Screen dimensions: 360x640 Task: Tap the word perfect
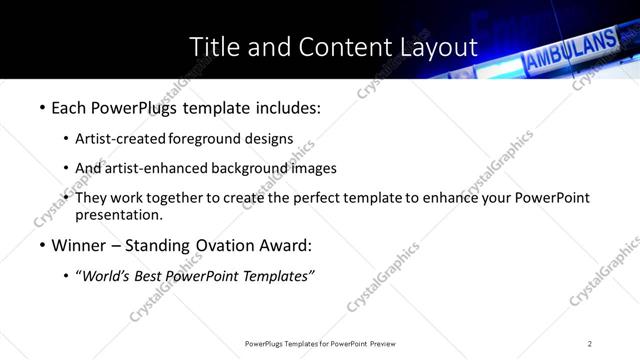(340, 198)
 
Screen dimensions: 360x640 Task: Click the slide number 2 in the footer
(590, 344)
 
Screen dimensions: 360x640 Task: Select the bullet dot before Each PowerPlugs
(42, 107)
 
